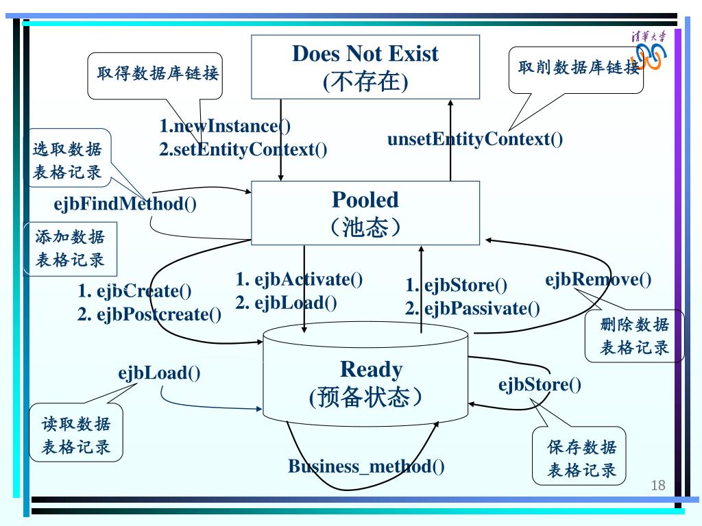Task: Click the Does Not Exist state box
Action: point(365,67)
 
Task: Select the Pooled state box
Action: point(365,212)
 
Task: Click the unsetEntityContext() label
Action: point(475,139)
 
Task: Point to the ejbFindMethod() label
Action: point(125,203)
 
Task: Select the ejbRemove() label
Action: point(598,279)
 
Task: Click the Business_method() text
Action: point(366,467)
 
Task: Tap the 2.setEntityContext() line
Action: point(243,149)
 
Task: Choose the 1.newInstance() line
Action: point(226,126)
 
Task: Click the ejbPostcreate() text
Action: point(149,314)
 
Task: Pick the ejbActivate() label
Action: point(299,279)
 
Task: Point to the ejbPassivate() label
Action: point(472,308)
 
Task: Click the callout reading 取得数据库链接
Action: point(157,74)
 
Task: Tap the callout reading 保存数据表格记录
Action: point(581,458)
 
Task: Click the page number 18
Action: point(657,486)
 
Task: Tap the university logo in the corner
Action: point(649,51)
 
